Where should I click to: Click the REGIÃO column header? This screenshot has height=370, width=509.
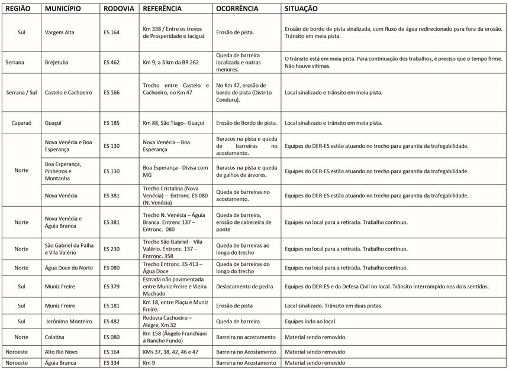click(17, 9)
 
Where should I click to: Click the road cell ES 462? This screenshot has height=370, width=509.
click(111, 61)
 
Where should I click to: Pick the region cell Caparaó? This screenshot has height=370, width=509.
click(21, 123)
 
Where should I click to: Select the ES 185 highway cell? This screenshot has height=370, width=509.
click(111, 123)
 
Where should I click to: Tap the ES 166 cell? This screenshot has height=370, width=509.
click(111, 92)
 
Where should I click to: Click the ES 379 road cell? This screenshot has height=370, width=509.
click(111, 287)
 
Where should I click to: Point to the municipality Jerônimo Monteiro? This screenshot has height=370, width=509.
click(69, 322)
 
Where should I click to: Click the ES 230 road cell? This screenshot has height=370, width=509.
click(111, 249)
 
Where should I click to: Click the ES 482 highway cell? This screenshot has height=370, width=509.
click(111, 322)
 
